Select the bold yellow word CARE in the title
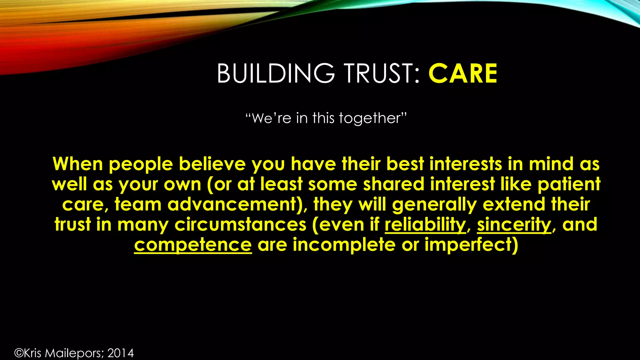pyautogui.click(x=463, y=73)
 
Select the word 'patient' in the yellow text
pyautogui.click(x=569, y=184)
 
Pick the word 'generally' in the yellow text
pyautogui.click(x=434, y=205)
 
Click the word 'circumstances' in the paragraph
pyautogui.click(x=240, y=225)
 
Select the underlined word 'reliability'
pyautogui.click(x=425, y=225)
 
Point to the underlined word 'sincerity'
pyautogui.click(x=514, y=225)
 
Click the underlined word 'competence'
pyautogui.click(x=193, y=245)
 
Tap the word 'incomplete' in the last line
pyautogui.click(x=344, y=245)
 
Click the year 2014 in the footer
pyautogui.click(x=121, y=353)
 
